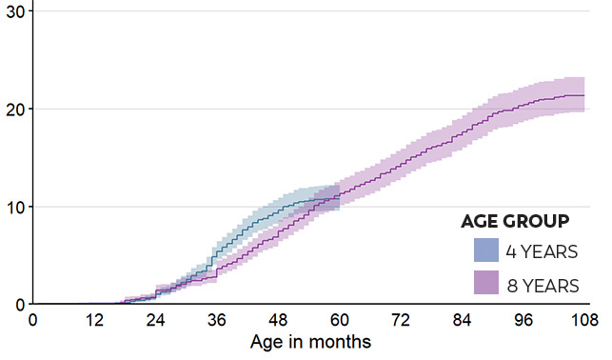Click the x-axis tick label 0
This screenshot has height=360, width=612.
[x=32, y=320]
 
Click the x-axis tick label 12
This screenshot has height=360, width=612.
[x=94, y=320]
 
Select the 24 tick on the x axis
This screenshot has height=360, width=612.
[x=156, y=320]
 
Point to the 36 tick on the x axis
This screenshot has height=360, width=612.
[x=218, y=320]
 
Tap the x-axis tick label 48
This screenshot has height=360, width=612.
[x=280, y=320]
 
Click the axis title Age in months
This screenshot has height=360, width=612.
[x=309, y=340]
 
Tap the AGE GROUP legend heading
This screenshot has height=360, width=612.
[x=515, y=221]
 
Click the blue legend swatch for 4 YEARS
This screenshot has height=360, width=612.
[x=487, y=250]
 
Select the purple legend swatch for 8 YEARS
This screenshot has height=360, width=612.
[x=487, y=284]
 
